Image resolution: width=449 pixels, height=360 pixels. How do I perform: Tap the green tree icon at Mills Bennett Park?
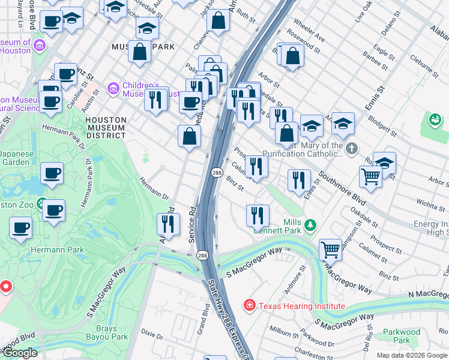pos(310,226)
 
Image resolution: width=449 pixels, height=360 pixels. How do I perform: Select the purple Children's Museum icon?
pos(113,89)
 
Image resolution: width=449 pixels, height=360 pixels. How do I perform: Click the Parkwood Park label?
pos(402,335)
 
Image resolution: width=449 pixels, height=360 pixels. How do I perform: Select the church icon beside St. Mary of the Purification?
pos(352,148)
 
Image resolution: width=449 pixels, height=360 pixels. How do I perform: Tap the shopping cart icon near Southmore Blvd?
pos(370,176)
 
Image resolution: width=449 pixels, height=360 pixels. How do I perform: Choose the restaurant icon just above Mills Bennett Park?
pos(258,214)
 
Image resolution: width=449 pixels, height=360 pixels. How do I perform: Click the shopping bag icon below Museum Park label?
pos(139,52)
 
